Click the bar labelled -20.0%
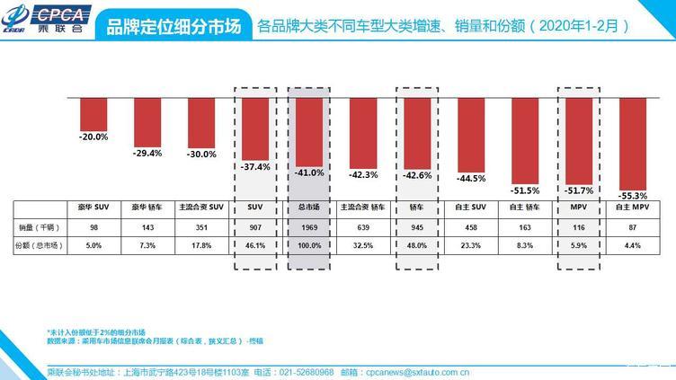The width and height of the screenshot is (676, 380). point(93,113)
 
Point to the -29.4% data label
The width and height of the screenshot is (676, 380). point(147,154)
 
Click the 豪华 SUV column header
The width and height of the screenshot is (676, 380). point(93,208)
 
